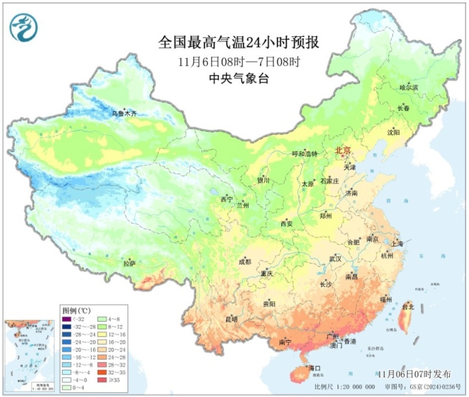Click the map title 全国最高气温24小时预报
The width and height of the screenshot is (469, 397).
[238, 43]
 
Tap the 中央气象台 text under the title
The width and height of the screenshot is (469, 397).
[238, 78]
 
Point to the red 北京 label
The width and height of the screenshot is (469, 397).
[343, 151]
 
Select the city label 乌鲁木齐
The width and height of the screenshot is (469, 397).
[124, 113]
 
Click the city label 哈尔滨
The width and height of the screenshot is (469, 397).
[409, 88]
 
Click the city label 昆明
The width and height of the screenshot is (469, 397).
[231, 319]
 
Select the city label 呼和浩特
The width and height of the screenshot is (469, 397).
[304, 154]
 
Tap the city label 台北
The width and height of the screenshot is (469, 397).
[408, 307]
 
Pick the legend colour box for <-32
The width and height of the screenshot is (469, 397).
[66, 319]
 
